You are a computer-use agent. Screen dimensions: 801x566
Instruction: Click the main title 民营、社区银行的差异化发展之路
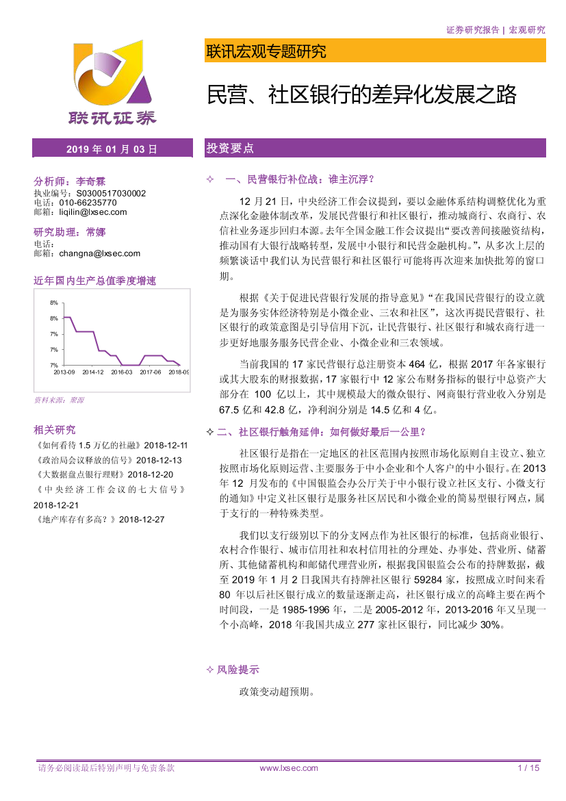pyautogui.click(x=361, y=94)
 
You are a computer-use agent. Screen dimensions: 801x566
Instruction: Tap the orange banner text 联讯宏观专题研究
pyautogui.click(x=266, y=51)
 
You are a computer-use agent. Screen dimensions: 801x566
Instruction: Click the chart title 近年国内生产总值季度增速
pyautogui.click(x=95, y=281)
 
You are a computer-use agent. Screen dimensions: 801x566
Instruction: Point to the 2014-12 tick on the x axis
pyautogui.click(x=92, y=372)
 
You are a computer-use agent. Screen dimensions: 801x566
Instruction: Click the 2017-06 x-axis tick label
pyautogui.click(x=150, y=372)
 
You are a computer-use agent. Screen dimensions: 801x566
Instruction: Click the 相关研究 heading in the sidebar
pyautogui.click(x=54, y=430)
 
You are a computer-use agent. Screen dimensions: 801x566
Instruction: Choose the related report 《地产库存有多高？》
pyautogui.click(x=75, y=520)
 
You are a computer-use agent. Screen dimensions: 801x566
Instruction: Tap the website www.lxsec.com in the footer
pyautogui.click(x=289, y=768)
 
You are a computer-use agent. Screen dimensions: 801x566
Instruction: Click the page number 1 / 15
pyautogui.click(x=530, y=768)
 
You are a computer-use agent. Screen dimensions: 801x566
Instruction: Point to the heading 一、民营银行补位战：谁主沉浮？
pyautogui.click(x=300, y=179)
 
